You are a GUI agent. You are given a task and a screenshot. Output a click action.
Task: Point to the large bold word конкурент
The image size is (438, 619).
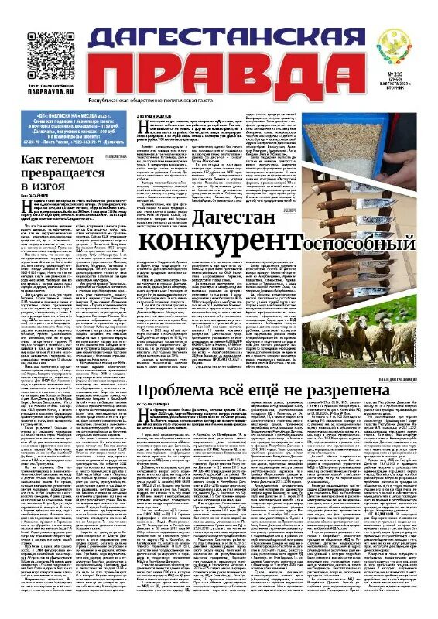(x=217, y=242)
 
